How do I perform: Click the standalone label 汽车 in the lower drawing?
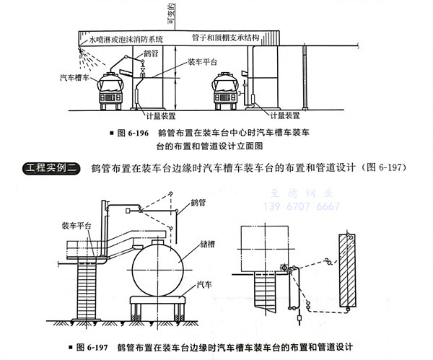coord(205,286)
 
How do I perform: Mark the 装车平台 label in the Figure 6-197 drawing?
coord(76,225)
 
